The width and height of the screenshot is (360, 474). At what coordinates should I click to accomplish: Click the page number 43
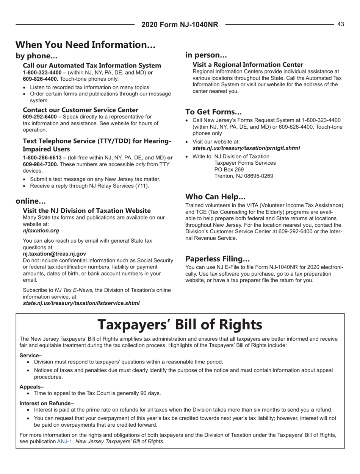click(340, 24)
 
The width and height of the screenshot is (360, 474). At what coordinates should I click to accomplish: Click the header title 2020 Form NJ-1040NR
click(180, 25)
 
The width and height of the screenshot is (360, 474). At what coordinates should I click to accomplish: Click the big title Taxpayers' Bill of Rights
click(180, 324)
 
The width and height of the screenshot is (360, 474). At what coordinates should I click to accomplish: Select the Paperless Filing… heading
click(217, 259)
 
